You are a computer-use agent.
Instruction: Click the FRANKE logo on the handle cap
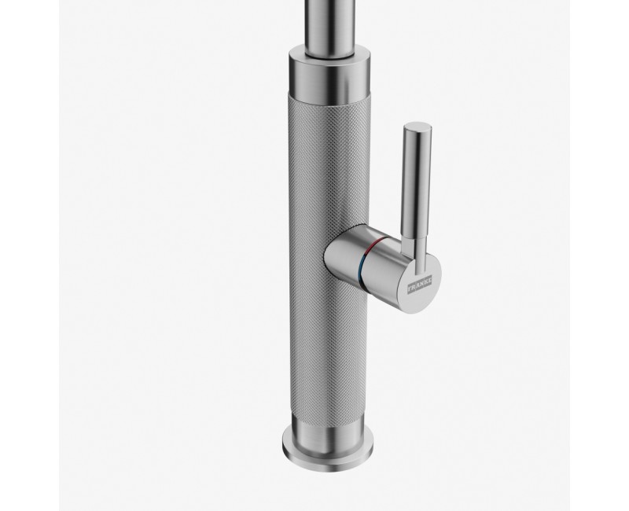pyautogui.click(x=420, y=283)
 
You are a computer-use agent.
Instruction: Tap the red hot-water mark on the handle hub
pyautogui.click(x=374, y=244)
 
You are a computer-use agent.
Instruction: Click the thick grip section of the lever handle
pyautogui.click(x=418, y=181)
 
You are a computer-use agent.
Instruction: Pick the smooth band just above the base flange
pyautogui.click(x=328, y=433)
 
